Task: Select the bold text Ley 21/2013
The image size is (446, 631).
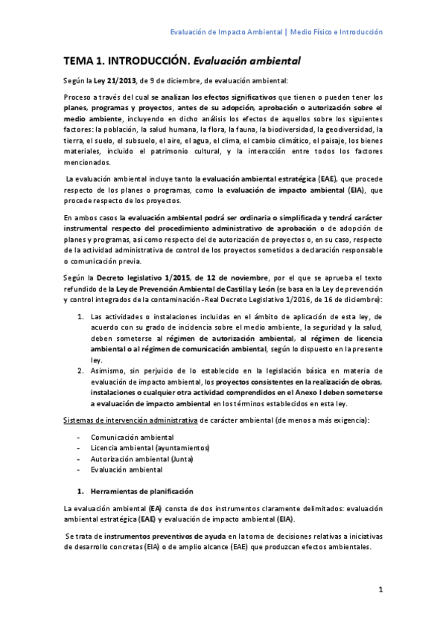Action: tap(115, 81)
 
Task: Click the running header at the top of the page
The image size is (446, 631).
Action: tap(276, 32)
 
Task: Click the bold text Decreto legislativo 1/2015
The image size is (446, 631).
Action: tap(146, 277)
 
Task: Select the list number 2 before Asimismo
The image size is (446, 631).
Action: tap(81, 370)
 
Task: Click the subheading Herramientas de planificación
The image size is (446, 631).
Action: tap(141, 491)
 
